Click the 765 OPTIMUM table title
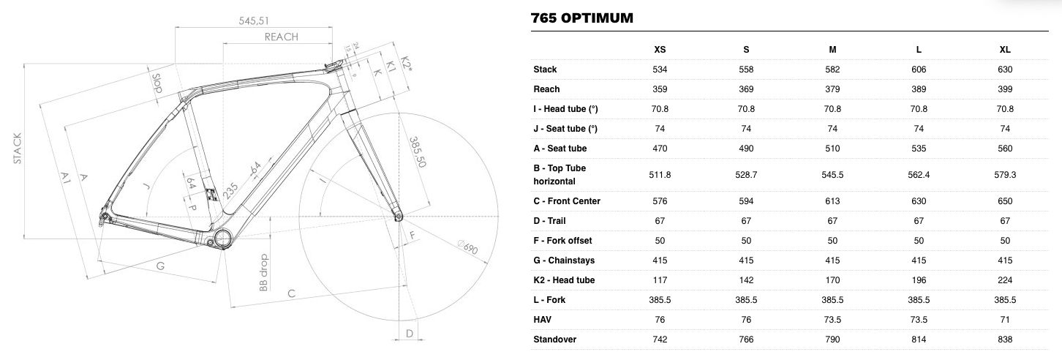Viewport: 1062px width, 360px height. click(581, 18)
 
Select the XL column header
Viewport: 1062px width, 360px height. click(1005, 49)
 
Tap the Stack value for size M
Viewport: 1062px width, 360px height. click(832, 70)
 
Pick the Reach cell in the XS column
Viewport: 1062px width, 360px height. click(660, 89)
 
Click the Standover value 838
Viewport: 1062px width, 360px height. click(1005, 339)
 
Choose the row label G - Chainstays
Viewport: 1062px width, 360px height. click(564, 260)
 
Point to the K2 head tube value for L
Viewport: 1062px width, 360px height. click(919, 280)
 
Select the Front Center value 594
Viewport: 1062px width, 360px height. click(746, 201)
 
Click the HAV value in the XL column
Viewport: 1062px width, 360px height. click(1005, 320)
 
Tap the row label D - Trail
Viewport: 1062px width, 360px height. click(549, 221)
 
